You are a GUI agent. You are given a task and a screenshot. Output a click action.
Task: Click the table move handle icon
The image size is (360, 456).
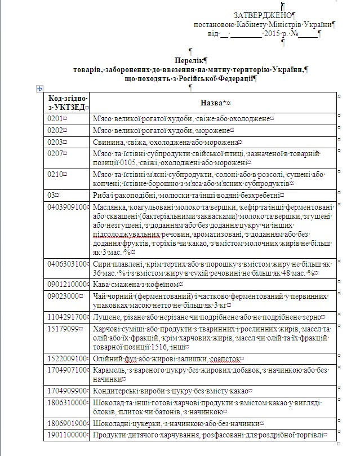click(x=39, y=88)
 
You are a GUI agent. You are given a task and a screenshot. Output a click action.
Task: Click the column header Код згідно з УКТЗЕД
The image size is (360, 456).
click(x=67, y=103)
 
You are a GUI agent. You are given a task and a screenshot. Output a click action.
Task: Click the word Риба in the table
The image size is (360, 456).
click(x=103, y=195)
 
